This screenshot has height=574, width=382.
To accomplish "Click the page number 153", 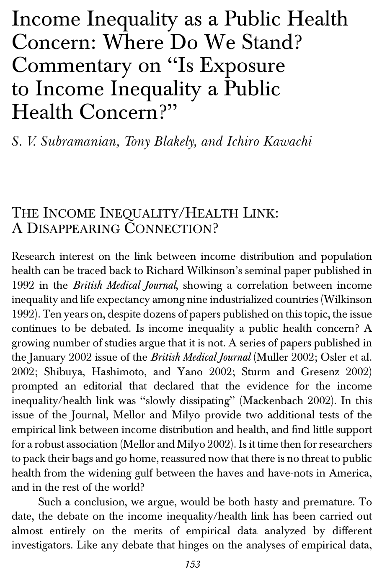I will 193,564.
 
